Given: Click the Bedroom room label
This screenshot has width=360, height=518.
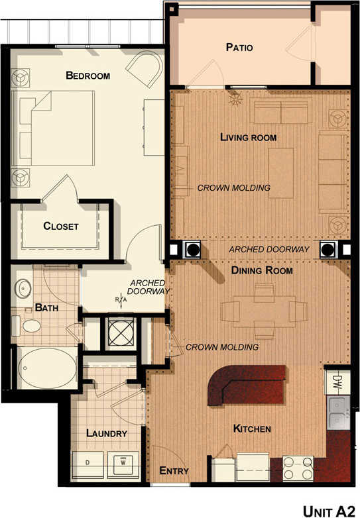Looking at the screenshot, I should tap(88, 76).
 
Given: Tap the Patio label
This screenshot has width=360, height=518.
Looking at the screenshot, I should tap(239, 48).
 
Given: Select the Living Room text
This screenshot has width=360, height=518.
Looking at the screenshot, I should tap(248, 138).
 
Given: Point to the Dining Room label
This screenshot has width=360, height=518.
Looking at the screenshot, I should tap(261, 271).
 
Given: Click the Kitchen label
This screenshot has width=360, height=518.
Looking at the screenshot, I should tap(252, 429).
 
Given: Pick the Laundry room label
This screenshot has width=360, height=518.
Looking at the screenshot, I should tap(106, 434).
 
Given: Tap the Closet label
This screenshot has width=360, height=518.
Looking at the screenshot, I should tap(61, 227).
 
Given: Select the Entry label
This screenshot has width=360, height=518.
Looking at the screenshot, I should tap(174, 472).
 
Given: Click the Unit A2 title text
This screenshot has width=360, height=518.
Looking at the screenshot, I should tap(328, 511).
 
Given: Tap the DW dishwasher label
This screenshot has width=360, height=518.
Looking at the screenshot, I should tap(337, 382).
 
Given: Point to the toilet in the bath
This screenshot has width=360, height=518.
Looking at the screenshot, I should tap(30, 326).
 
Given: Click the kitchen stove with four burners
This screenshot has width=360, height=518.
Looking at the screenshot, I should tap(298, 468).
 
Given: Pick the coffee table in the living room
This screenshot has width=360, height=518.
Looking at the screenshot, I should tap(280, 172).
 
